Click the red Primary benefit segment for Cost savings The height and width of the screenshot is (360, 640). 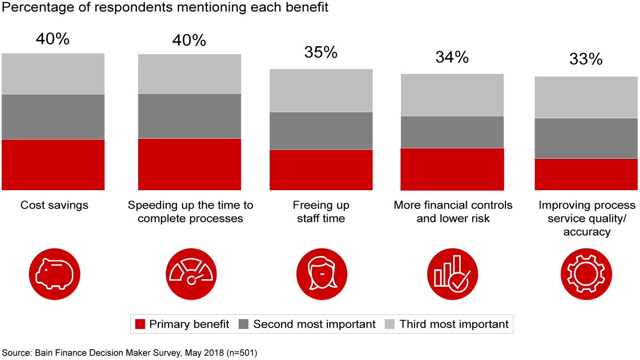coord(53,164)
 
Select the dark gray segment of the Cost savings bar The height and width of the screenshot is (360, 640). coord(53,116)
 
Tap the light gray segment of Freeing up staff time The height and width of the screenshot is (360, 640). coord(321,90)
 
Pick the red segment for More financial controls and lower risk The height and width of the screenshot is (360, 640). coord(452,169)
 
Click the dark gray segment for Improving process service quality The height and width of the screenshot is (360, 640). coord(586,138)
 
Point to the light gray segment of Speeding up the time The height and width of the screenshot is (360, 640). coord(190,74)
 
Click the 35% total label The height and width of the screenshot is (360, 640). coord(321,52)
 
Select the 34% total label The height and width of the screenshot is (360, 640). coord(452,57)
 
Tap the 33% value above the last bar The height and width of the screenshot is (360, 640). coord(586,59)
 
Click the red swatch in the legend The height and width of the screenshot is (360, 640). coord(140,324)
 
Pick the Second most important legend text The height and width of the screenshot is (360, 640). coord(314,324)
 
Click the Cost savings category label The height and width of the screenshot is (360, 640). coord(54,205)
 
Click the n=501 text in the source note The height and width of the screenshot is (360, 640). coord(240,353)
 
